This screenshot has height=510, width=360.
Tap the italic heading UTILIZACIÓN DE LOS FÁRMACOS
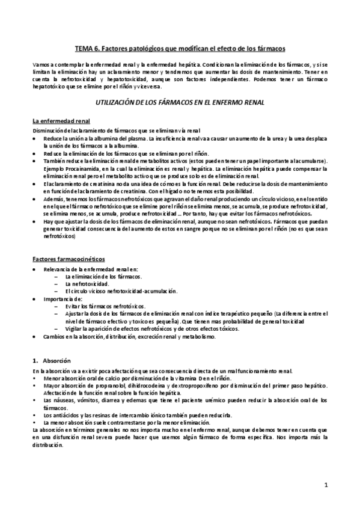click(x=180, y=103)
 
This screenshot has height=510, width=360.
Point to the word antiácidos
click(x=64, y=416)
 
